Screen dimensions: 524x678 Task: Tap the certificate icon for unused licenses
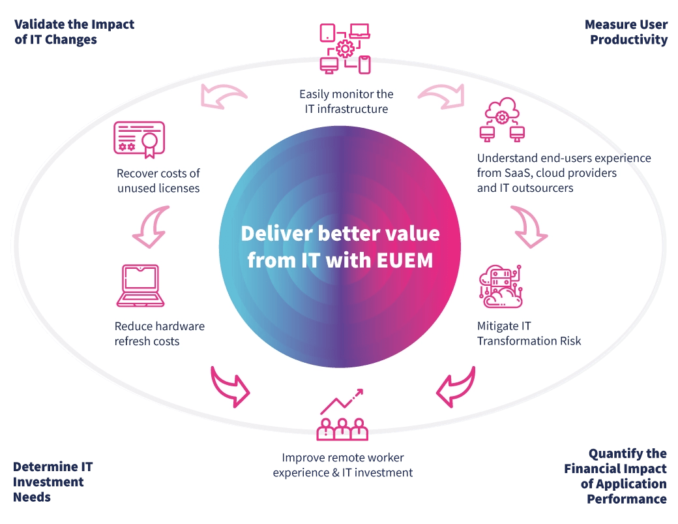tap(139, 139)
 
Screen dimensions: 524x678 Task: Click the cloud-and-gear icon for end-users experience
tap(503, 121)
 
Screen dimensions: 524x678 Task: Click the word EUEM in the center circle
tap(404, 259)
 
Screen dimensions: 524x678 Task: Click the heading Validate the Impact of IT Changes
tap(74, 32)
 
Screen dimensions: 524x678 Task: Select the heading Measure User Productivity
tap(626, 32)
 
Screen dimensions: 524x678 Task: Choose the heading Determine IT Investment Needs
tap(52, 482)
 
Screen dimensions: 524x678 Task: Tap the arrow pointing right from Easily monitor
tap(441, 95)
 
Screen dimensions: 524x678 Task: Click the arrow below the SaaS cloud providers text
tap(529, 226)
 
